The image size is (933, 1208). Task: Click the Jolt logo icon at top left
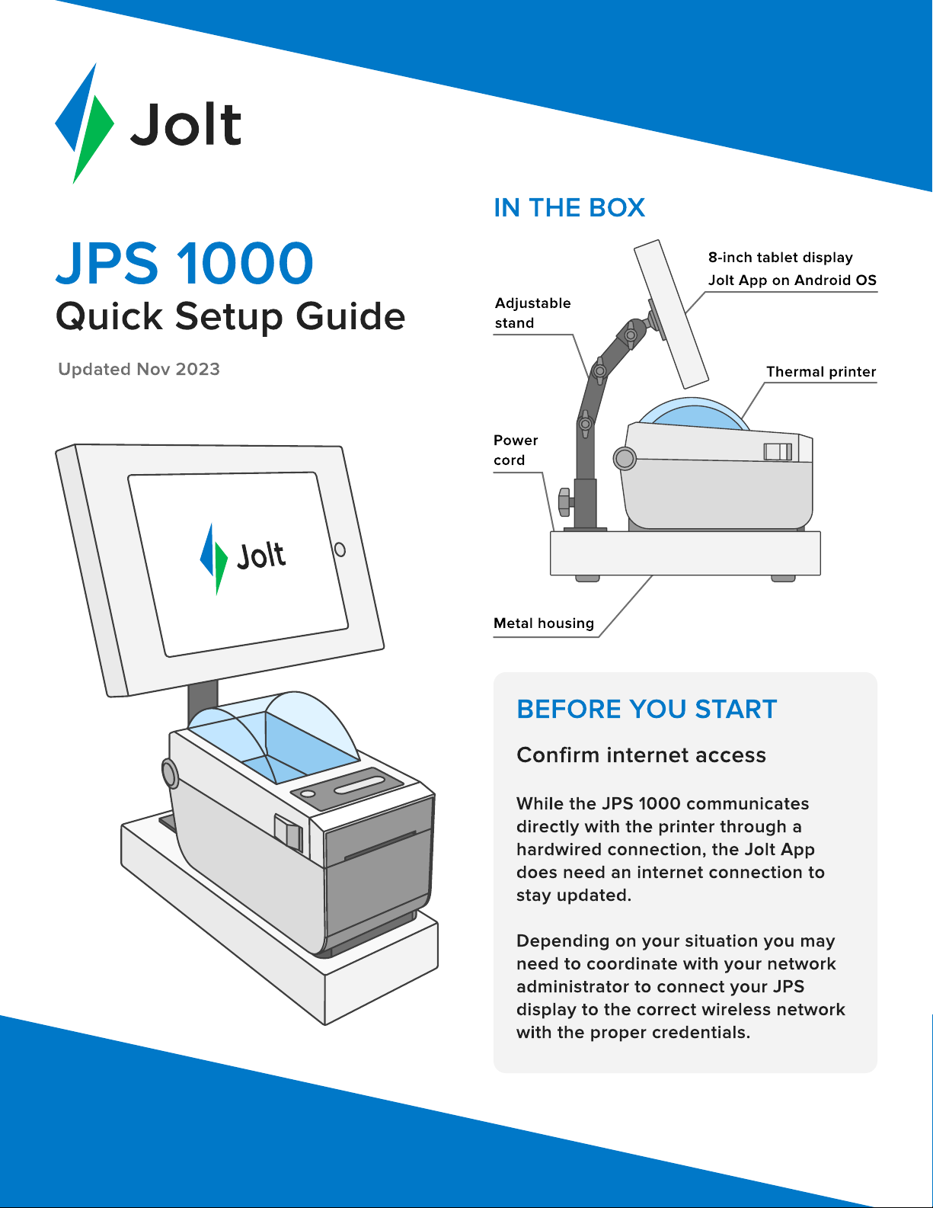click(85, 123)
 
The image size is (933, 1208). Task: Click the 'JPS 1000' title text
click(185, 263)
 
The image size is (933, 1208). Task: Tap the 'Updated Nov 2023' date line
click(139, 369)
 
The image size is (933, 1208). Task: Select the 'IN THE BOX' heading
click(569, 208)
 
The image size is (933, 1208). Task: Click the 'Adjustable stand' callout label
click(532, 313)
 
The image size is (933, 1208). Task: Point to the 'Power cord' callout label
click(516, 450)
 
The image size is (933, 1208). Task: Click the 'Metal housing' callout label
click(544, 623)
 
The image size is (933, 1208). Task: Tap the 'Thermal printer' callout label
click(821, 372)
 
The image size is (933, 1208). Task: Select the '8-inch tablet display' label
click(780, 258)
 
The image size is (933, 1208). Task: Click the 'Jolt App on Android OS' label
click(792, 280)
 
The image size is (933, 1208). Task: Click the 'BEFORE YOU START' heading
click(647, 710)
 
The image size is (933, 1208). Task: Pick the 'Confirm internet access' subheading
click(641, 755)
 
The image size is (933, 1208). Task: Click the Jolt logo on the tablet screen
click(243, 558)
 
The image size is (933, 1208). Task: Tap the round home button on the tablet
click(340, 550)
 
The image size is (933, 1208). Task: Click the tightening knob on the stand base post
click(565, 501)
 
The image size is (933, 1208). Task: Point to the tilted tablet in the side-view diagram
click(672, 314)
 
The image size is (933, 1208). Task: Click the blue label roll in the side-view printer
click(694, 414)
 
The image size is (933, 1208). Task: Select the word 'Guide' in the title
click(350, 317)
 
